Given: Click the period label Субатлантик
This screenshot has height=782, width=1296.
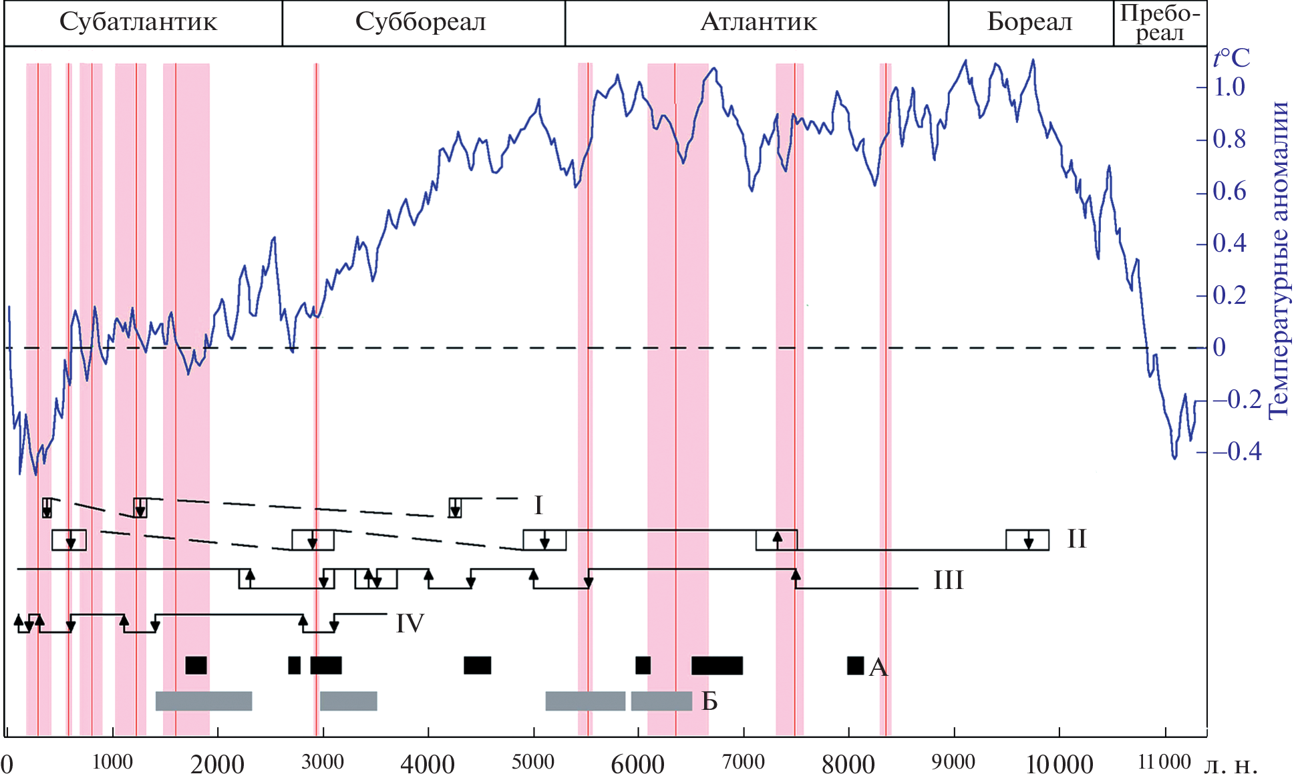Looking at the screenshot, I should click(x=138, y=22).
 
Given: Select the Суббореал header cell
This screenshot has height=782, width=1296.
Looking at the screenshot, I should click(x=420, y=22).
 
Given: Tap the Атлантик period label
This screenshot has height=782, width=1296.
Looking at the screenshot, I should click(x=758, y=22).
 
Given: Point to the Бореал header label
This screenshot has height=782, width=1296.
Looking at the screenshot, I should click(x=1029, y=22).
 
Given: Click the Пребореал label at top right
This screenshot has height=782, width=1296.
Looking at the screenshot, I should click(x=1160, y=23).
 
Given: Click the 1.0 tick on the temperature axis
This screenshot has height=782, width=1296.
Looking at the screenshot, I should click(x=1229, y=87).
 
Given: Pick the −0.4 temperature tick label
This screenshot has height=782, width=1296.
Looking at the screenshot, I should click(x=1236, y=452).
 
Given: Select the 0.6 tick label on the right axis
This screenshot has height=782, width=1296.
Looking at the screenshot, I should click(x=1229, y=192).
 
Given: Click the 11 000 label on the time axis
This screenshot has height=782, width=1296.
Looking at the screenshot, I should click(x=1164, y=762).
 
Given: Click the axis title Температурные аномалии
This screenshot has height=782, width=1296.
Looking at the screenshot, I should click(x=1279, y=260).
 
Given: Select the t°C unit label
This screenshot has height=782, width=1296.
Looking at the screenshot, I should click(x=1231, y=59).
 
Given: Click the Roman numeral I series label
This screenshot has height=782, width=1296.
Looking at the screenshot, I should click(x=538, y=506).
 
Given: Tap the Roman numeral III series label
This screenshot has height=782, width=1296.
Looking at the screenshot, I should click(x=949, y=580).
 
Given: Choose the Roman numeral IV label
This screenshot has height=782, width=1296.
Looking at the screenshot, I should click(x=410, y=624).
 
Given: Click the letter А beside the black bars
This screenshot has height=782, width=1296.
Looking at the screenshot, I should click(x=878, y=667).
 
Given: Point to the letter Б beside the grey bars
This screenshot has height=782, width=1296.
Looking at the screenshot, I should click(x=709, y=701).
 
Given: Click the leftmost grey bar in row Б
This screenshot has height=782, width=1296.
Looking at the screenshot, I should click(x=204, y=701).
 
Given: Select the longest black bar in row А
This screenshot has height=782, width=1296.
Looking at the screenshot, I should click(x=717, y=666).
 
